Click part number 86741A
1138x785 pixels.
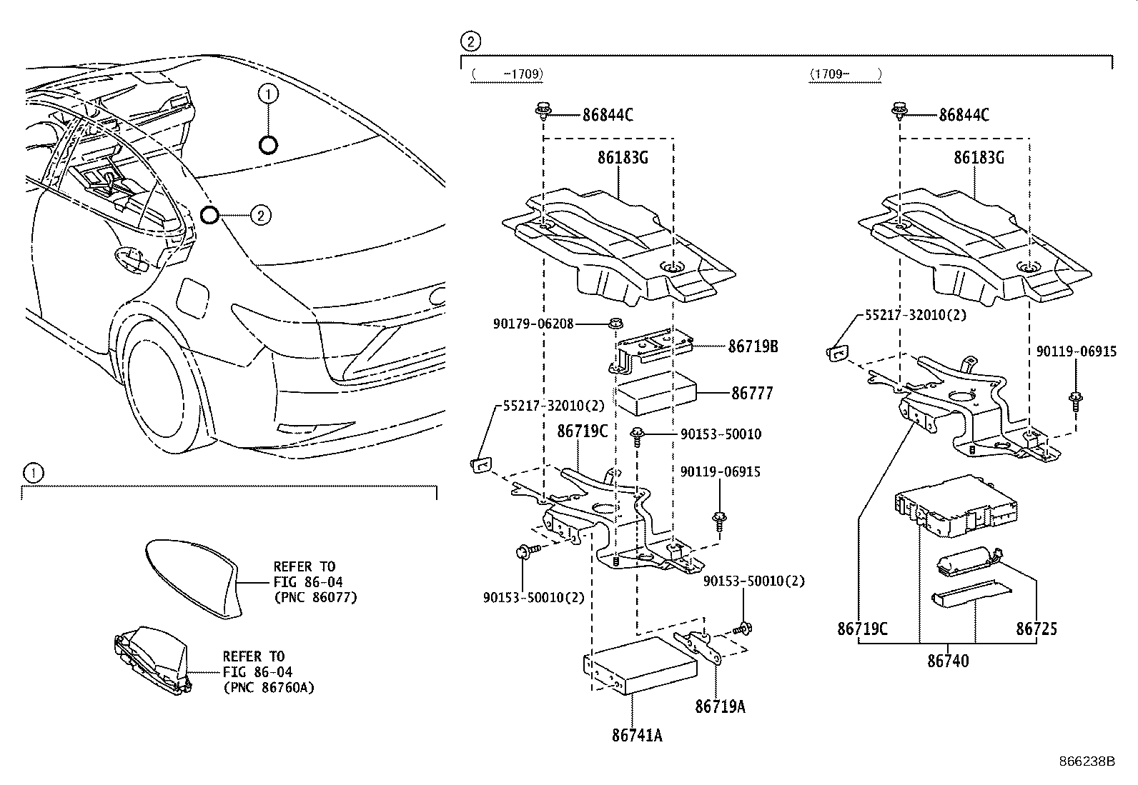tap(636, 734)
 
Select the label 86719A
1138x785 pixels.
tap(720, 706)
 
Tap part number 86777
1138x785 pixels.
tap(752, 393)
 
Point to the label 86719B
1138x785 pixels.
tap(753, 347)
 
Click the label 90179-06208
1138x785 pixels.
tap(533, 324)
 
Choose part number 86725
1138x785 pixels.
tap(1036, 629)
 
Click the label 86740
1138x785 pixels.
tap(948, 661)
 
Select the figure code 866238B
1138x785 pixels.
tap(1087, 761)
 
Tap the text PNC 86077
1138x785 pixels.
tap(315, 597)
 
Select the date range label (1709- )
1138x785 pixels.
tap(844, 73)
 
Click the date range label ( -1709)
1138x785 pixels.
tap(507, 73)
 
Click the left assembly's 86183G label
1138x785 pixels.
tap(623, 159)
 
